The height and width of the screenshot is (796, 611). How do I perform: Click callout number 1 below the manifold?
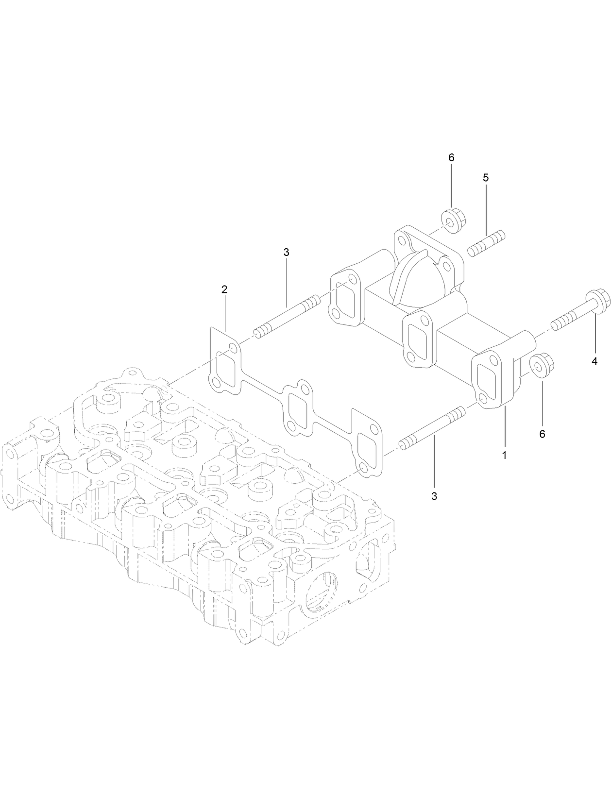click(x=505, y=456)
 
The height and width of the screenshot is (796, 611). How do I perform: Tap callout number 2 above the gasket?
click(x=224, y=289)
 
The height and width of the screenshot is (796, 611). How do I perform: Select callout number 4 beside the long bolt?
click(x=594, y=361)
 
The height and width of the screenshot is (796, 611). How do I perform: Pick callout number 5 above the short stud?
click(x=486, y=178)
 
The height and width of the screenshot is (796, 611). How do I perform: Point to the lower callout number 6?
click(x=542, y=434)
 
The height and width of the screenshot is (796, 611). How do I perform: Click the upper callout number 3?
click(x=286, y=252)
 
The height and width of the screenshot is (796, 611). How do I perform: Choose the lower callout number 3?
click(x=434, y=496)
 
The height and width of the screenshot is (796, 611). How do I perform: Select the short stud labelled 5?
click(x=486, y=243)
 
